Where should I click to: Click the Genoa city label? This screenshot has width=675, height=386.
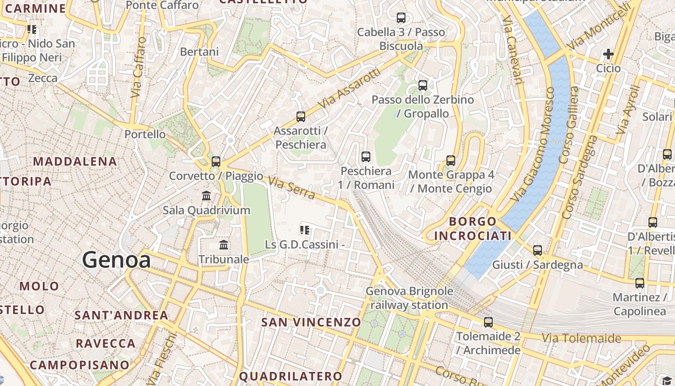point(116,260)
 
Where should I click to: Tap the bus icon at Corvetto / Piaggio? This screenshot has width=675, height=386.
point(216,162)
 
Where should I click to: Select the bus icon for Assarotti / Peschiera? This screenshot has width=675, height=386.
point(301,117)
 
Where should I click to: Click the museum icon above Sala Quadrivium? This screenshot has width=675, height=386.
point(206,196)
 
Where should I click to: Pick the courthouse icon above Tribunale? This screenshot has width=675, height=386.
point(224,245)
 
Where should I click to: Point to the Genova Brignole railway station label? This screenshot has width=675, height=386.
point(409,298)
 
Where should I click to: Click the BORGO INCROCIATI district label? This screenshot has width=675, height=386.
point(472,229)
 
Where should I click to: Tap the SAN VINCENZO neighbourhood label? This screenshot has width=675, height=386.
point(311,322)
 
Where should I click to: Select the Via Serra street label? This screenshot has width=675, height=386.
point(292,189)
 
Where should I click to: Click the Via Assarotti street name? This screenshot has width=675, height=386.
point(350,88)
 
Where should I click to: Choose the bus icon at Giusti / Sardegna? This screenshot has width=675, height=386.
point(538,250)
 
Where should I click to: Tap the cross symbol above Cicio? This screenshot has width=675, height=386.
point(608,54)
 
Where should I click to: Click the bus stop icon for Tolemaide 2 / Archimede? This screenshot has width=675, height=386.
point(488,322)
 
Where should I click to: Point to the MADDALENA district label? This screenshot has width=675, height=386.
point(75,161)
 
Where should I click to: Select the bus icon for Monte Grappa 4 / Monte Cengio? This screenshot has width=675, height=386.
point(451,161)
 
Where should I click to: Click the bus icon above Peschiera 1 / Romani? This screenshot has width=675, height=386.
point(366,157)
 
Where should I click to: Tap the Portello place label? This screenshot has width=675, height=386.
point(145,134)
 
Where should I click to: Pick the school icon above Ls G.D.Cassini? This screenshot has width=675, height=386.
point(304,230)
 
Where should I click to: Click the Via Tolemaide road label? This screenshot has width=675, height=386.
point(581,338)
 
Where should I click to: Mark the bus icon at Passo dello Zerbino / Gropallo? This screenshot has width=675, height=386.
point(423,85)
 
